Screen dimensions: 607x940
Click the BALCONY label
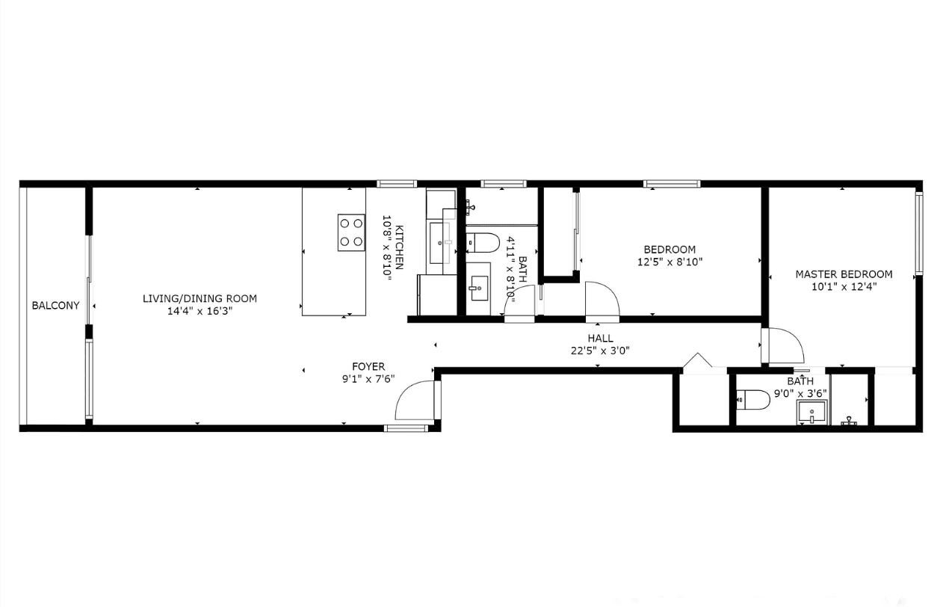point(55,305)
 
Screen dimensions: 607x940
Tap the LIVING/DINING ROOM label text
point(200,299)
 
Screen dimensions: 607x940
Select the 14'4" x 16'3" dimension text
point(200,312)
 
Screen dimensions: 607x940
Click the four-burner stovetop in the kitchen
point(351,232)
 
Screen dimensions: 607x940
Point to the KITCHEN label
point(400,247)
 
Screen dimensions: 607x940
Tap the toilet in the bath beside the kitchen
point(483,242)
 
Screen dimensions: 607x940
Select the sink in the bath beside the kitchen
point(478,286)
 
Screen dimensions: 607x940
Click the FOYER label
point(368,366)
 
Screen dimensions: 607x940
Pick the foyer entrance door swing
point(415,401)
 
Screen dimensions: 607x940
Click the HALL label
point(600,339)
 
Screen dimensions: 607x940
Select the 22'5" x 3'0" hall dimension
point(600,351)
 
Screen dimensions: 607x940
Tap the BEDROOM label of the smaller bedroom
point(670,250)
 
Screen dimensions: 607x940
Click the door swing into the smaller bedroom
point(602,301)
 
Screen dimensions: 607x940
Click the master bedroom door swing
point(782,346)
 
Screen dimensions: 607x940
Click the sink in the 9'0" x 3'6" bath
point(811,411)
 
